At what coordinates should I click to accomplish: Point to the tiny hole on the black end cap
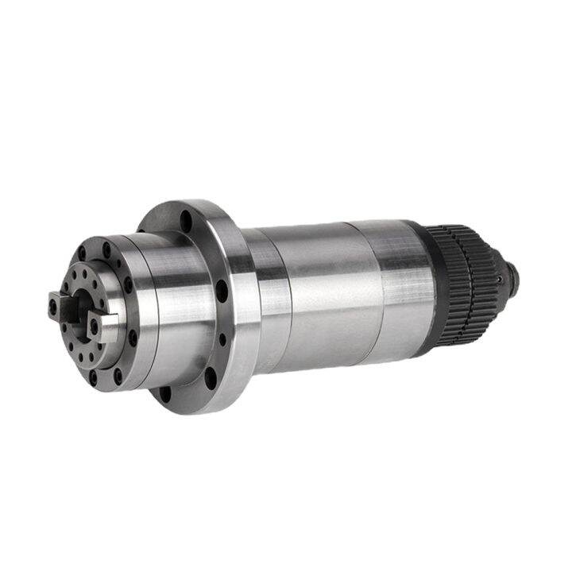click(499, 279)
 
